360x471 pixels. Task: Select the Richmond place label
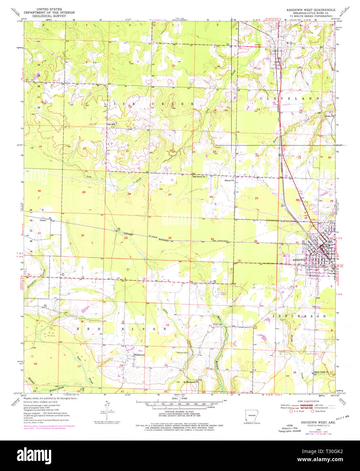139,355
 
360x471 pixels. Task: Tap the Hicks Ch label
329,116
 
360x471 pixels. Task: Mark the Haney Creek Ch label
321,371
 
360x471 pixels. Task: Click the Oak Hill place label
111,124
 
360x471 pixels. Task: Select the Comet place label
43,220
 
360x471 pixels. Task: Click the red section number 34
170,238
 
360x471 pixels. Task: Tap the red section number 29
84,192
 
